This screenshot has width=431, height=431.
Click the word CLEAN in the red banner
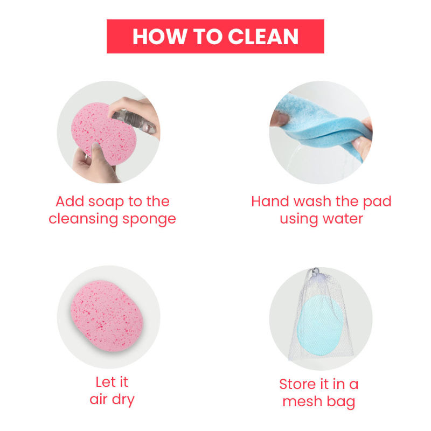point(263,37)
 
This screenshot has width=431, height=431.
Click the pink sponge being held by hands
point(103,133)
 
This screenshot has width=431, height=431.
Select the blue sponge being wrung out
point(322,124)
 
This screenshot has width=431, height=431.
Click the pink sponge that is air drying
point(107,316)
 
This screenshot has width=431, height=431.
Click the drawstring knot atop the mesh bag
point(316,272)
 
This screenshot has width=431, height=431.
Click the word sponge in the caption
point(149,220)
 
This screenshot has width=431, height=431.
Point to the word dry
point(123,400)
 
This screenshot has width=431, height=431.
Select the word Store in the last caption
point(298,384)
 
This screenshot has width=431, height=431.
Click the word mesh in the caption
point(302,401)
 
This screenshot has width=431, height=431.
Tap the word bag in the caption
point(341,402)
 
